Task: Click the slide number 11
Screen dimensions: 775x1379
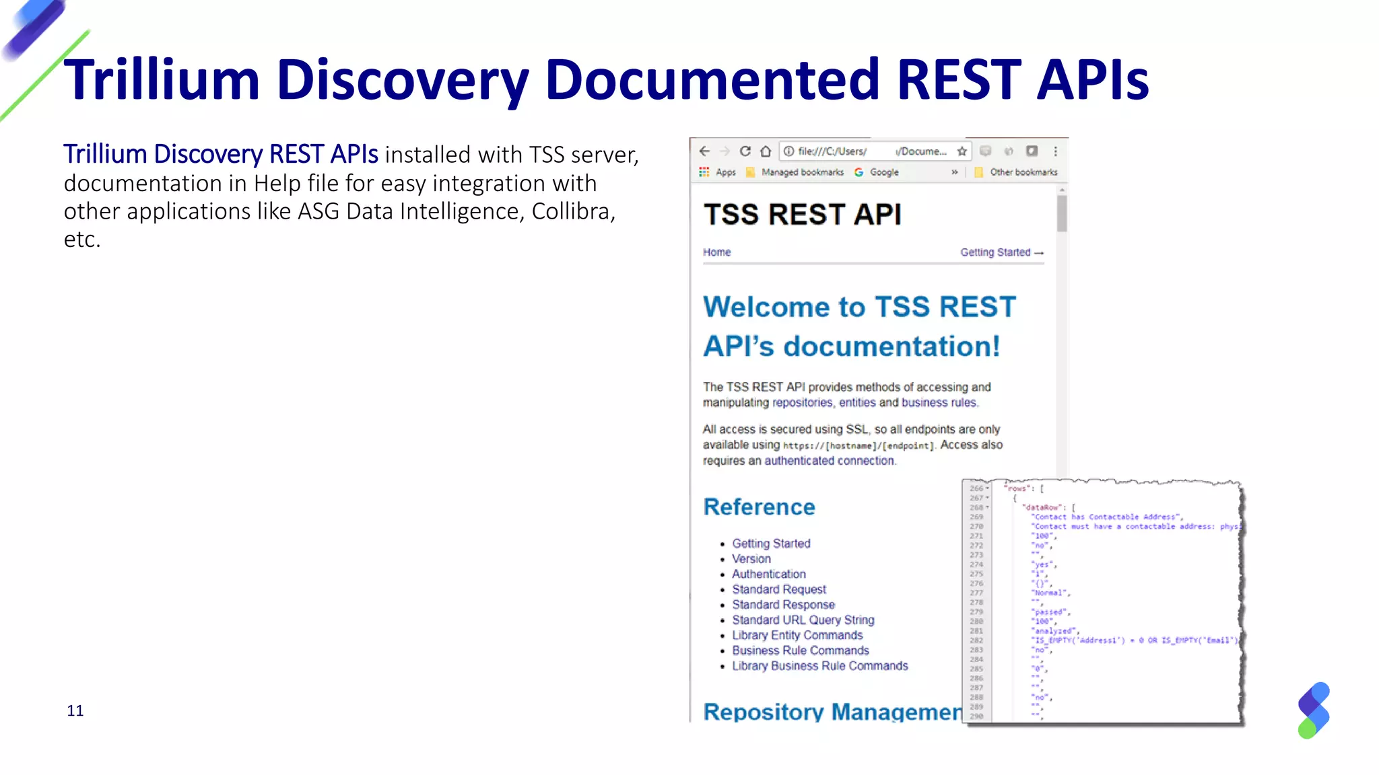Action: click(x=75, y=710)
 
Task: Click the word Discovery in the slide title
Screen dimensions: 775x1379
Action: click(x=402, y=80)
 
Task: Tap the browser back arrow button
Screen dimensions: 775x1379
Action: click(x=704, y=151)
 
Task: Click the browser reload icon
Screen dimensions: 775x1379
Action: click(x=745, y=151)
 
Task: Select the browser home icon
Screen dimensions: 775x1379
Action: click(x=766, y=151)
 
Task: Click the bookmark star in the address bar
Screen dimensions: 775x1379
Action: click(x=962, y=151)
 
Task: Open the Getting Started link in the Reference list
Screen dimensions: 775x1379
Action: click(x=771, y=543)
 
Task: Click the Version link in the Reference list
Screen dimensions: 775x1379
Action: click(x=751, y=558)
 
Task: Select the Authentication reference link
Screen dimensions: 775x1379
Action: click(x=768, y=574)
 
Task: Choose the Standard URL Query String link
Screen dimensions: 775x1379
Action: click(x=803, y=620)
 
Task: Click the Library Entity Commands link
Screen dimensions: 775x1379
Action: click(x=797, y=635)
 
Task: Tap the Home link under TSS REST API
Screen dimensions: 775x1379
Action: click(x=716, y=252)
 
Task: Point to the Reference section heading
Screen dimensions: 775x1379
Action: click(x=759, y=507)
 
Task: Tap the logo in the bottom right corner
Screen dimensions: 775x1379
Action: click(x=1314, y=710)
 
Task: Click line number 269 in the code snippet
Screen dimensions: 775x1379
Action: click(x=976, y=517)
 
